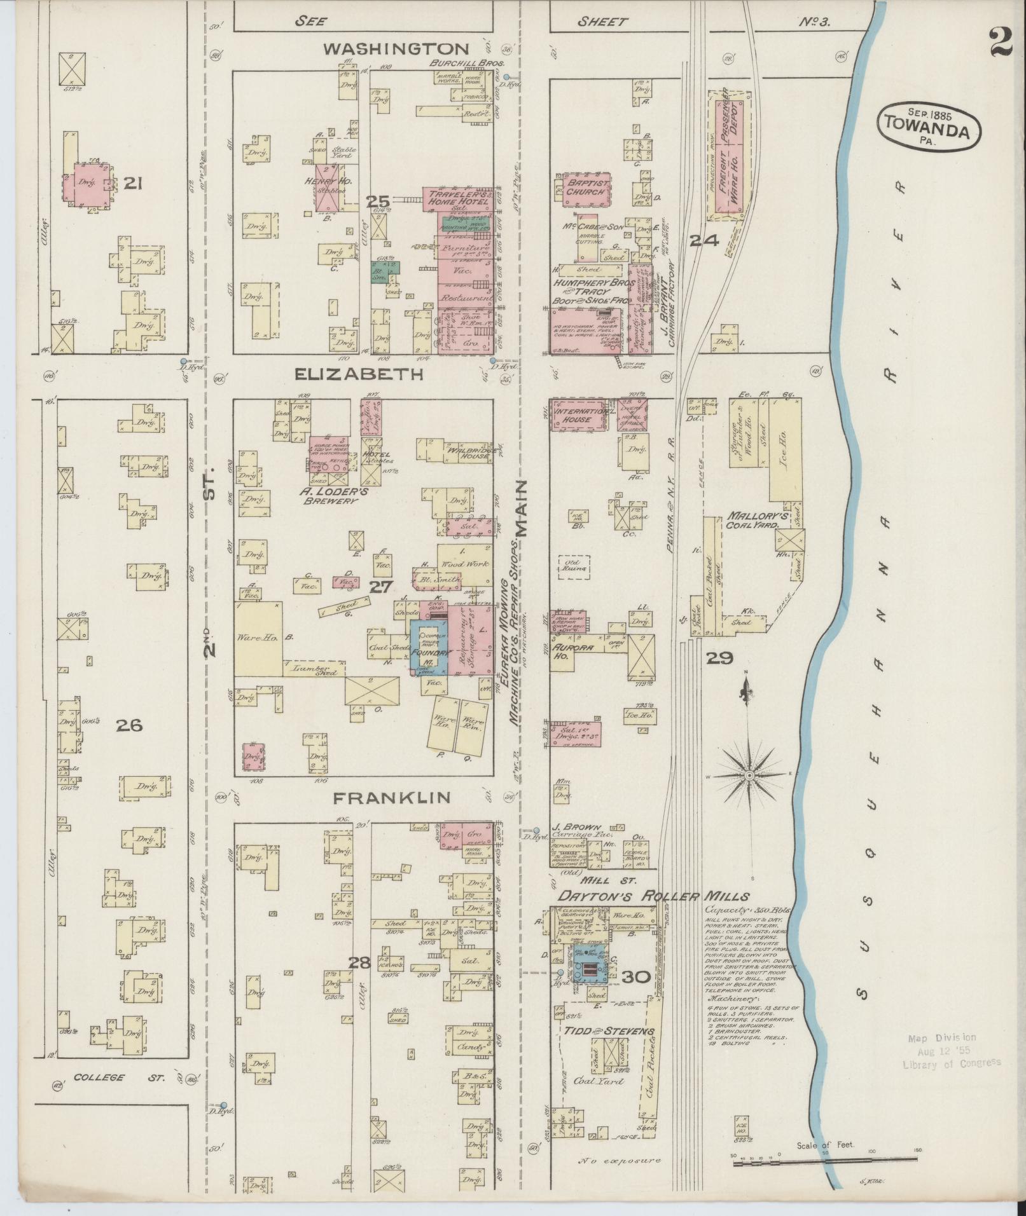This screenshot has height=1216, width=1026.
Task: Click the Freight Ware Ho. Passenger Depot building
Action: (x=728, y=156)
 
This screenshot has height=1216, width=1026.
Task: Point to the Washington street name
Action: (x=396, y=49)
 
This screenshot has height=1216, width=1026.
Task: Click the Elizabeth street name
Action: (x=359, y=374)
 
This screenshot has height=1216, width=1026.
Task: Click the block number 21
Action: (x=132, y=184)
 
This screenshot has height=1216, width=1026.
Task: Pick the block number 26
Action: (x=129, y=725)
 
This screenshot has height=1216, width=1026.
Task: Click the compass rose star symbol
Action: (x=749, y=775)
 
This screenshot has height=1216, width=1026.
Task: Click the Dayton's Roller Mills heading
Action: (x=653, y=896)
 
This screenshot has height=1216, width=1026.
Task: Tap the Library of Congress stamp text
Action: (x=951, y=1062)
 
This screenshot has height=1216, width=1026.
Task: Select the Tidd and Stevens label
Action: (x=607, y=1031)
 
